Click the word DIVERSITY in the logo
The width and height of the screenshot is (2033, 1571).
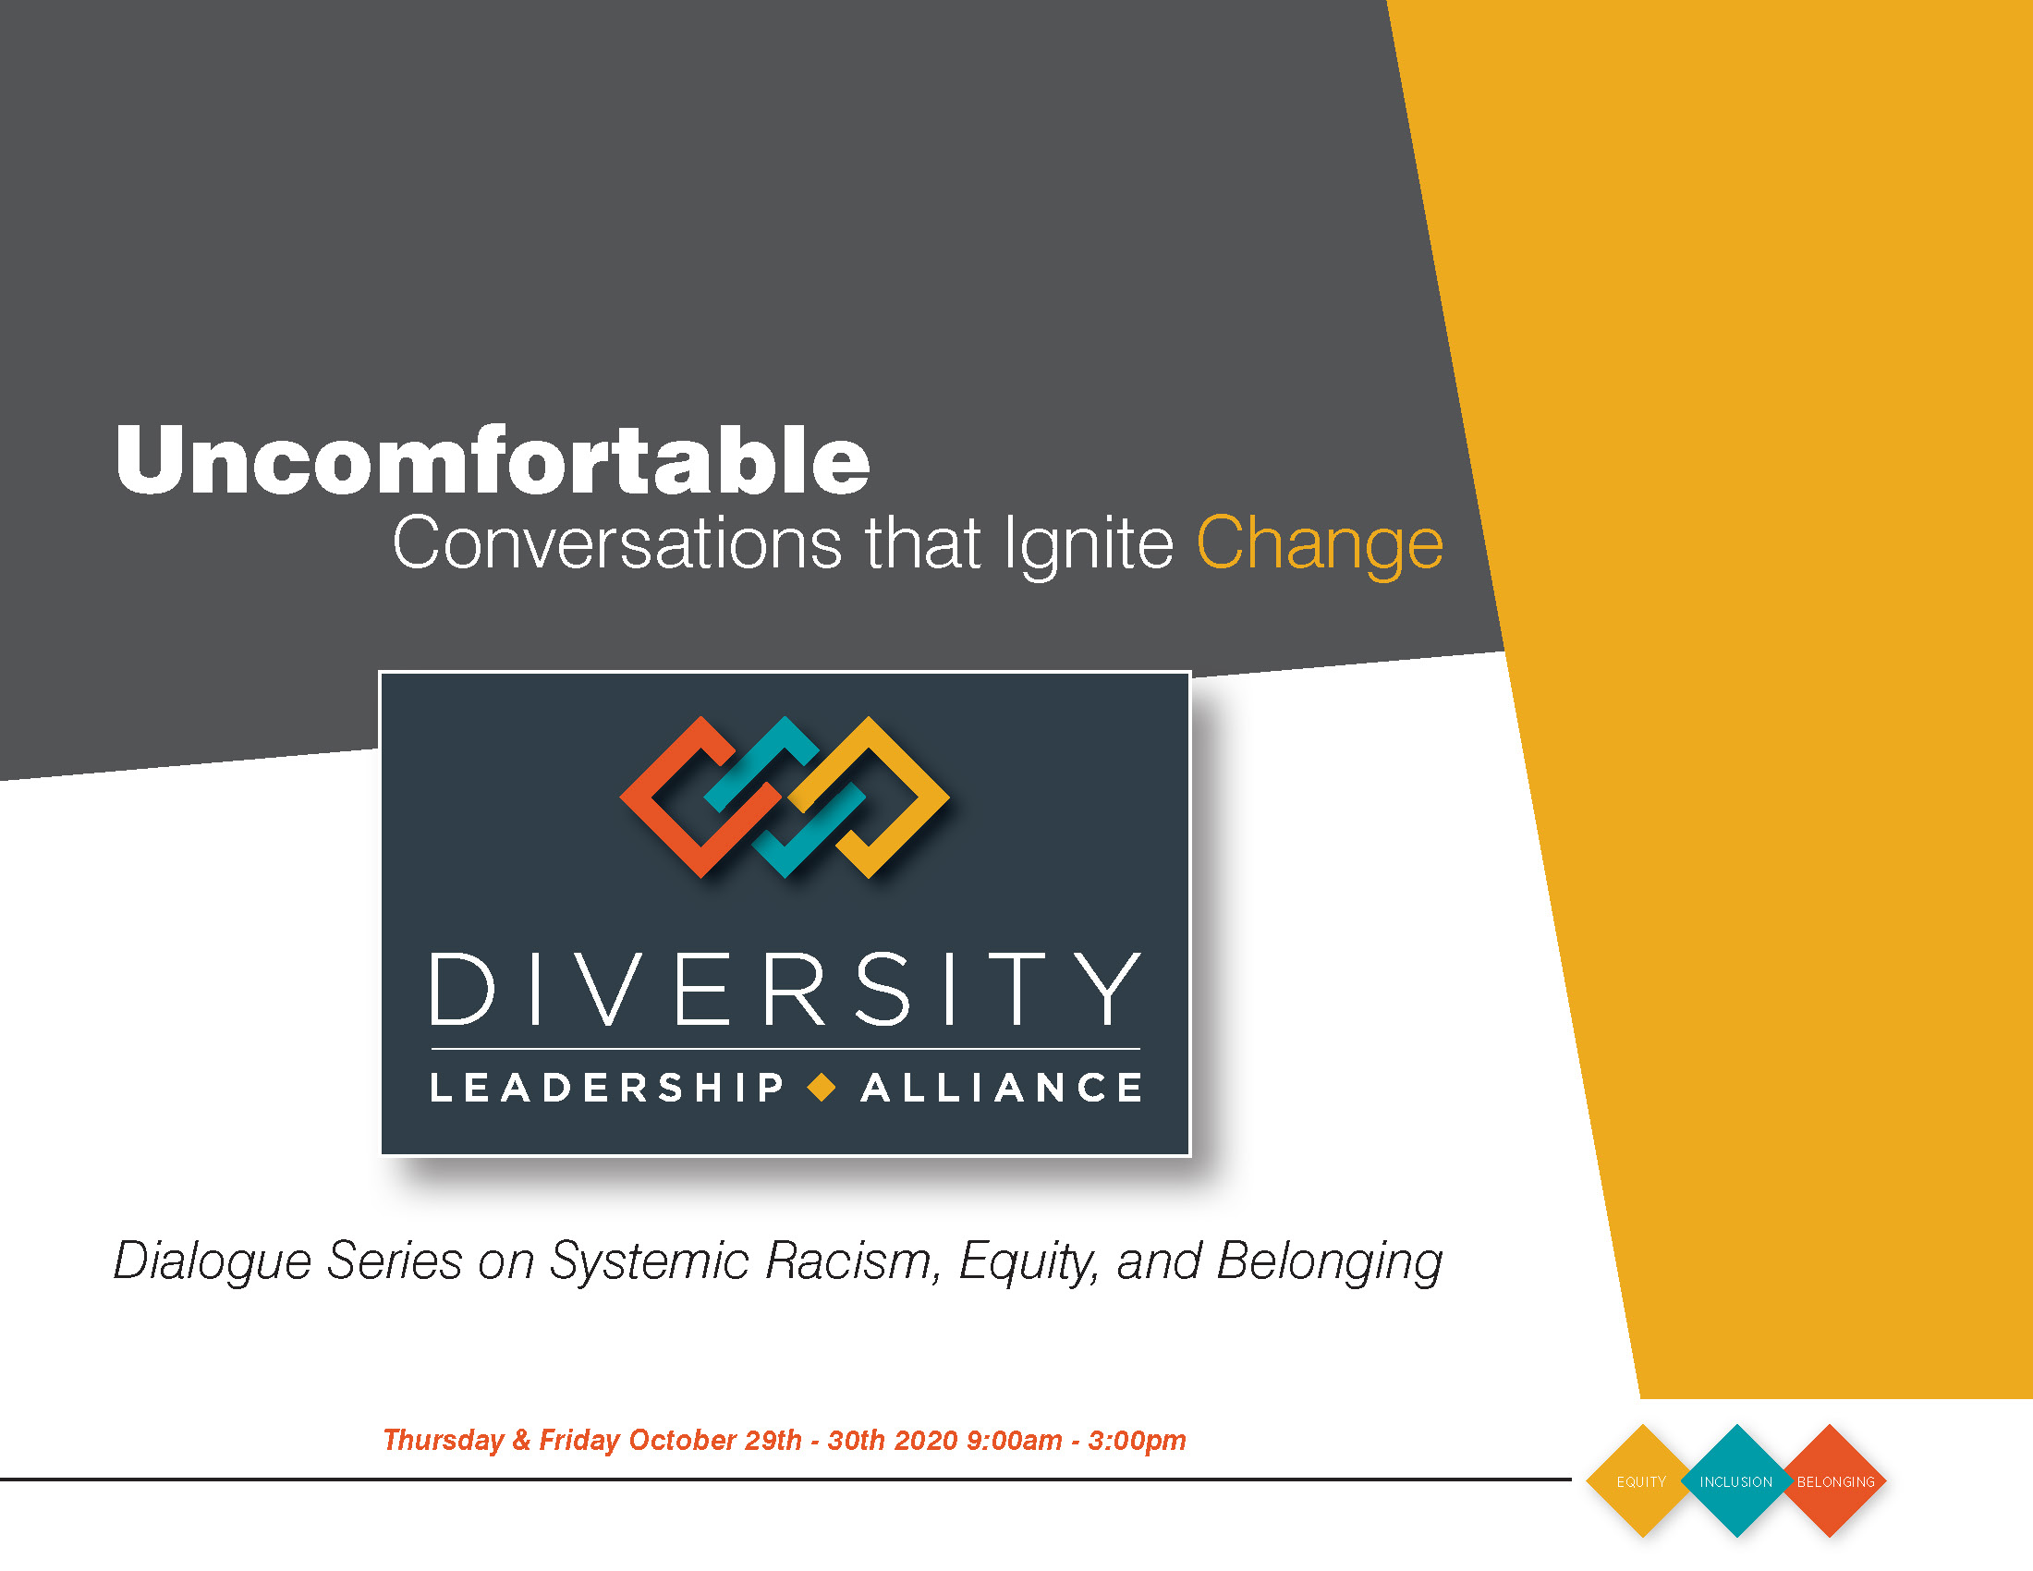pyautogui.click(x=785, y=990)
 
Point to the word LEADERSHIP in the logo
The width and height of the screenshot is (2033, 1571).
pyautogui.click(x=607, y=1087)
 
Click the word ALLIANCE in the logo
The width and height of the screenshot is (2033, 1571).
pyautogui.click(x=1002, y=1087)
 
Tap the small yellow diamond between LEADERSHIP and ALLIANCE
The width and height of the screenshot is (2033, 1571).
pyautogui.click(x=822, y=1087)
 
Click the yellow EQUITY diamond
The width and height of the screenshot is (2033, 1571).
pyautogui.click(x=1642, y=1480)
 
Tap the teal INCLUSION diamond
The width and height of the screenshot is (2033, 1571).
pyautogui.click(x=1736, y=1480)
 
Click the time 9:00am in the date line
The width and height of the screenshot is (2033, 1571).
pyautogui.click(x=1015, y=1441)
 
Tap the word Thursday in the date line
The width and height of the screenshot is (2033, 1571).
pyautogui.click(x=443, y=1442)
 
